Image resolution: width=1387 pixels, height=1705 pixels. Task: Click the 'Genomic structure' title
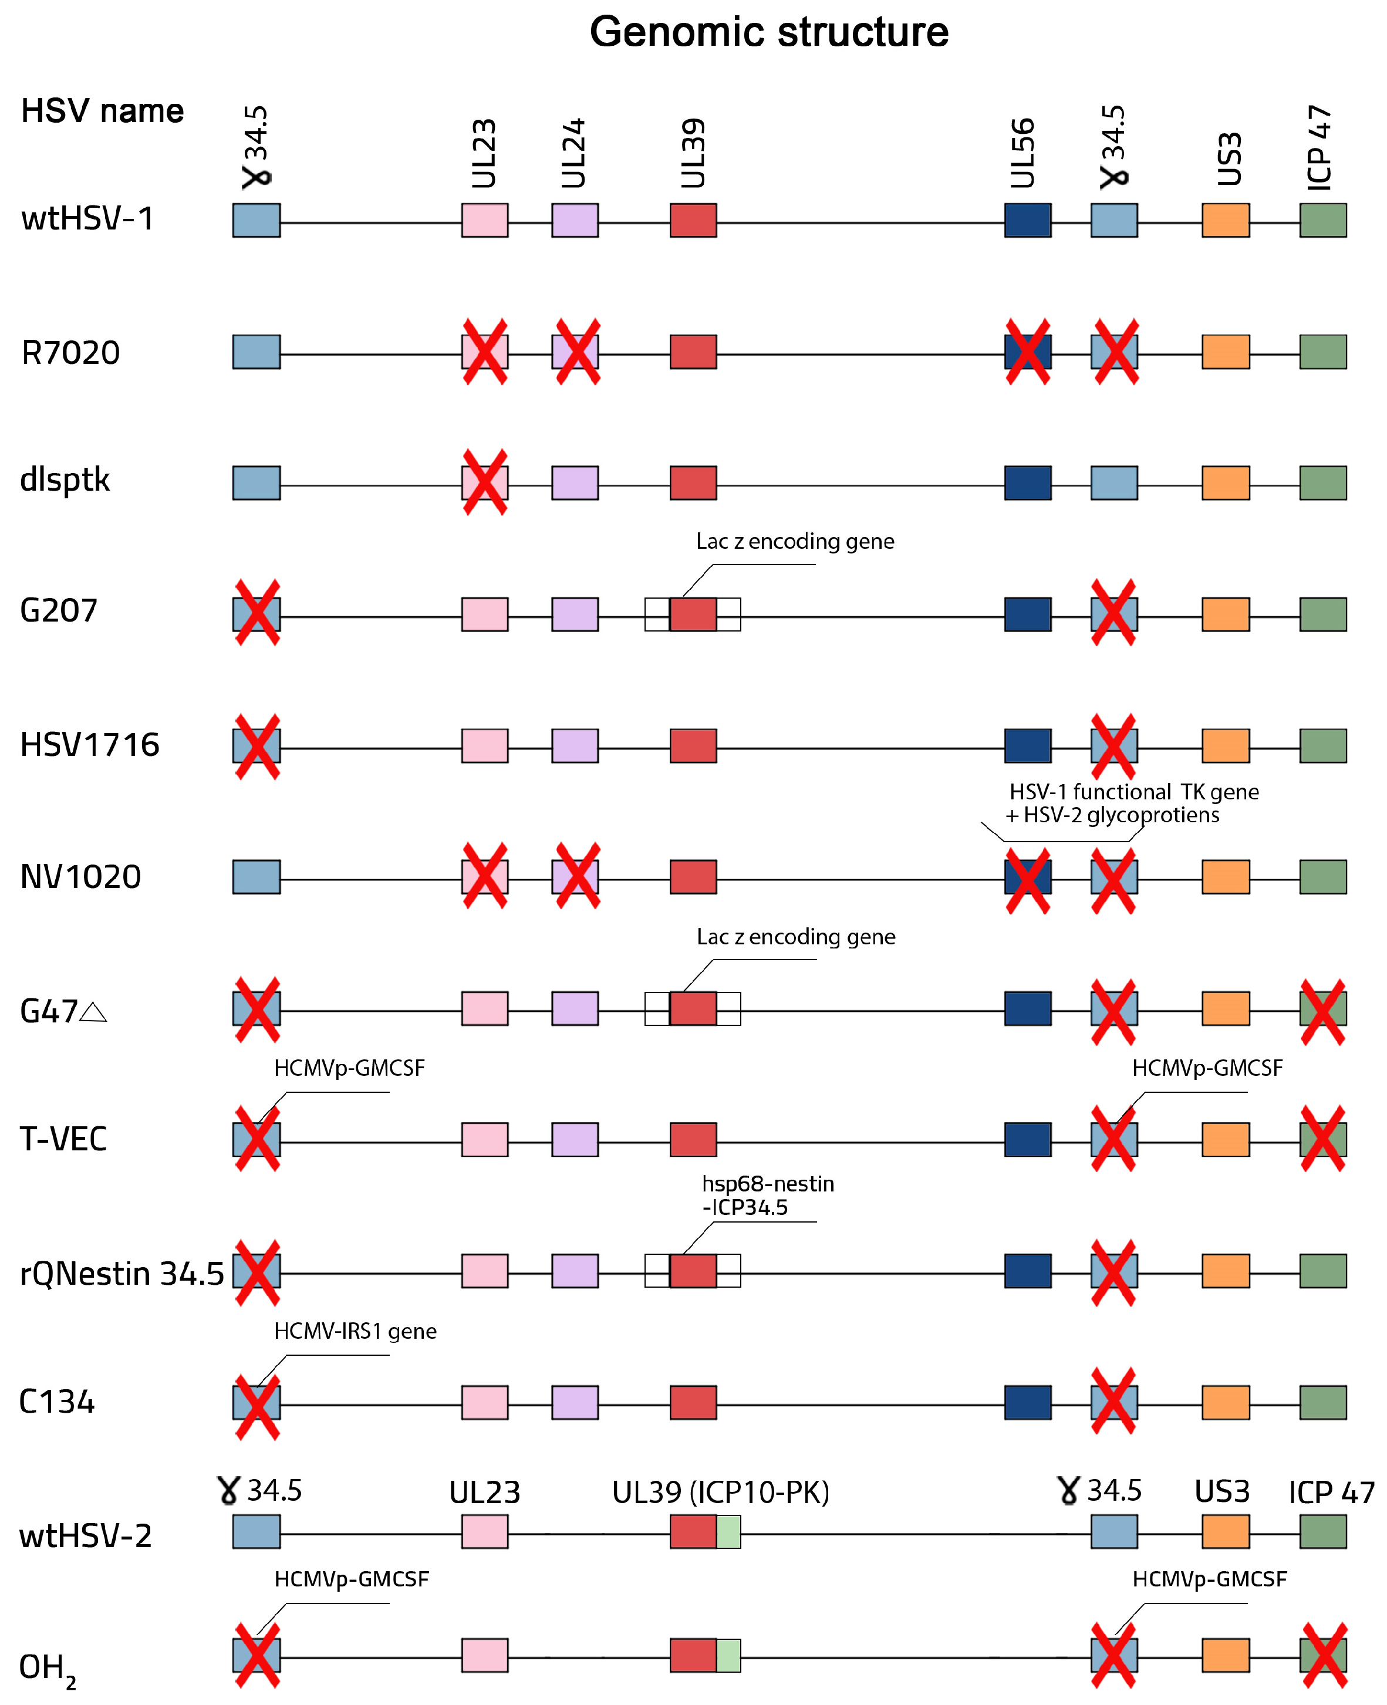[768, 32]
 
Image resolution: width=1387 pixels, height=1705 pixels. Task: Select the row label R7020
[70, 352]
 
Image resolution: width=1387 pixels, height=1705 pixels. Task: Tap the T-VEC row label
[63, 1139]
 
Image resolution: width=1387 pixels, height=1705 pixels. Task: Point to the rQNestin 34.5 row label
[122, 1273]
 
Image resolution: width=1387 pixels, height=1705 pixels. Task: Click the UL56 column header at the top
[1022, 153]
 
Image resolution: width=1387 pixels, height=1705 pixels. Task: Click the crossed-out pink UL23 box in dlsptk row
[485, 482]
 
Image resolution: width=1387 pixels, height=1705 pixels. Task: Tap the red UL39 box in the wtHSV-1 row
[693, 221]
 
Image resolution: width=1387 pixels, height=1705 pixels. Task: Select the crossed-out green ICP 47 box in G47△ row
[1323, 1009]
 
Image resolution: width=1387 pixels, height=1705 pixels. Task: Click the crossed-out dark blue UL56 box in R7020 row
[1027, 352]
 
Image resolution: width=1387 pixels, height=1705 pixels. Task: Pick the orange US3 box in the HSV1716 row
[1226, 745]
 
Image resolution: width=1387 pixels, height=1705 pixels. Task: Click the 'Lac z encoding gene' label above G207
[795, 542]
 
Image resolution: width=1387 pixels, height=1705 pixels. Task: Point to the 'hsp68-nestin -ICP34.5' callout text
[767, 1195]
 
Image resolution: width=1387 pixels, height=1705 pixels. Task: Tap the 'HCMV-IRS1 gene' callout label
[355, 1331]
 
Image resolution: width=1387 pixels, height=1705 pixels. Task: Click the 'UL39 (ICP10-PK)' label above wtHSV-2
[721, 1493]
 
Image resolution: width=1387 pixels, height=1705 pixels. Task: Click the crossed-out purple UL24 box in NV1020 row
[575, 876]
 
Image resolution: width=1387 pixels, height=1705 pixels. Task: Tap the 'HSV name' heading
[102, 110]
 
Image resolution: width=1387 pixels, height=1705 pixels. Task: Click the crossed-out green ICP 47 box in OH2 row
[1323, 1656]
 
